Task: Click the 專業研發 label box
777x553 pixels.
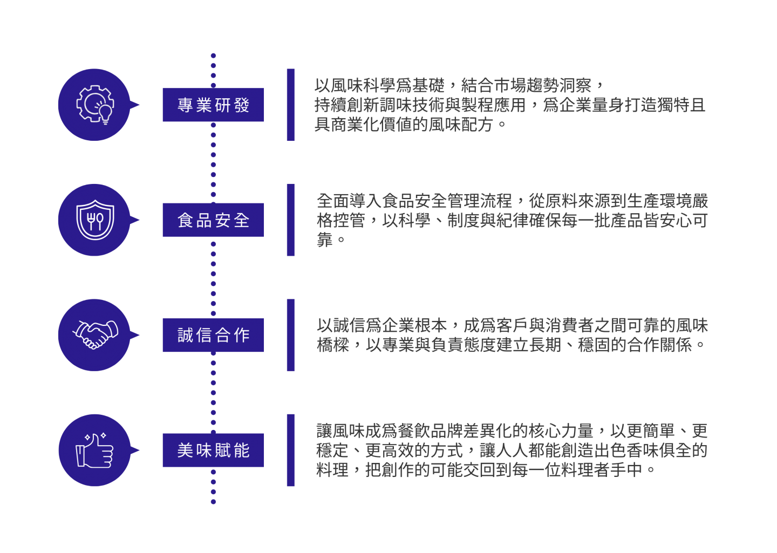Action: click(213, 105)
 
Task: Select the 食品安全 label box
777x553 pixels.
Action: click(213, 220)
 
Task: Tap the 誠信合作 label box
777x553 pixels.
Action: click(213, 335)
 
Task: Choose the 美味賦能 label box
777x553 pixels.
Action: click(213, 450)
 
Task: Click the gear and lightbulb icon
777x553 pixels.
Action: click(95, 105)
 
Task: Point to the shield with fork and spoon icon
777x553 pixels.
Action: click(95, 220)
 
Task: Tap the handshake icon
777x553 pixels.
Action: click(95, 335)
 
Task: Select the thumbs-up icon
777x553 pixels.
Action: click(95, 450)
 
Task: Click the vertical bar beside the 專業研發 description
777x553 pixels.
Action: click(291, 105)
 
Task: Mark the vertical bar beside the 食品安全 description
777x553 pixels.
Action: click(291, 220)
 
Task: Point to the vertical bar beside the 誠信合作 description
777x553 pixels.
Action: click(291, 335)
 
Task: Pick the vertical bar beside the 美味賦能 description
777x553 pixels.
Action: click(291, 450)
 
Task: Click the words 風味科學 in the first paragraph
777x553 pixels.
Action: click(363, 86)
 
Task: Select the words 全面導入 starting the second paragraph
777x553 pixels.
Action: click(349, 201)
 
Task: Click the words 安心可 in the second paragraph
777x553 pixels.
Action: click(683, 221)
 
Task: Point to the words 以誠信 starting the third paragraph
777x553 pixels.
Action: click(341, 325)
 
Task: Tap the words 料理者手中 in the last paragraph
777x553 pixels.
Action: click(609, 470)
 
